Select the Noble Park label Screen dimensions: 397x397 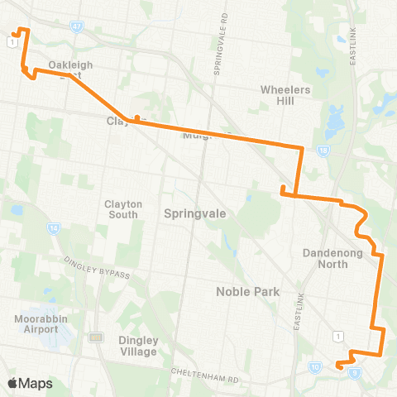248,291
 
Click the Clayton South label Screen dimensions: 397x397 123,209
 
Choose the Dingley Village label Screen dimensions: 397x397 137,346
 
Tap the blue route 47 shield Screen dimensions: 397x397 76,26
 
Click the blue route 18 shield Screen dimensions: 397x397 323,150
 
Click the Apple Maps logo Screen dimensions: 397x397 31,383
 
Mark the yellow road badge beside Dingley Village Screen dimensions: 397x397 96,337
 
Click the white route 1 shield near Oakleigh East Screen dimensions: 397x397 9,38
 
